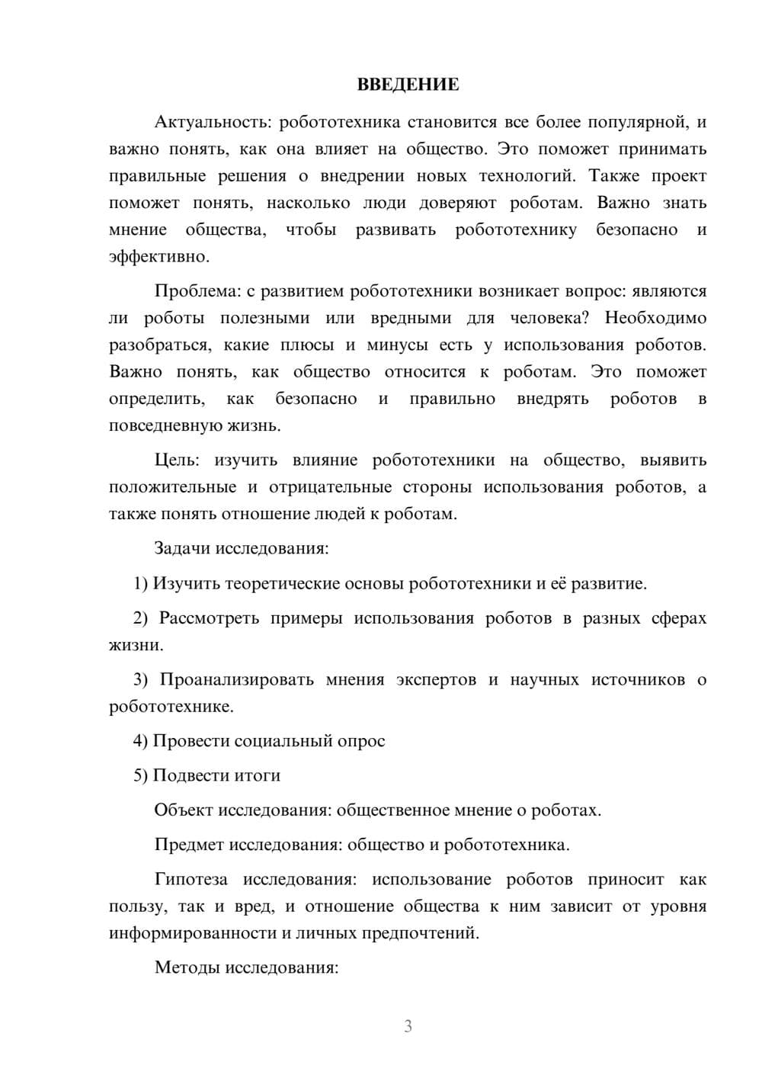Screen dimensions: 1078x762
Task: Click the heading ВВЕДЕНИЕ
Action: (x=408, y=85)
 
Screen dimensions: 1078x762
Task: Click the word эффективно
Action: (x=158, y=257)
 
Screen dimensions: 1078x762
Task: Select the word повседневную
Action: (x=163, y=425)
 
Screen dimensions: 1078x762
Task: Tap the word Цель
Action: (x=176, y=460)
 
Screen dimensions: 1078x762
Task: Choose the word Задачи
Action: (x=183, y=548)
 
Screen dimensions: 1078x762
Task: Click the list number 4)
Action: (x=140, y=741)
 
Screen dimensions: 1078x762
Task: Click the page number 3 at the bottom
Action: (x=408, y=1026)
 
